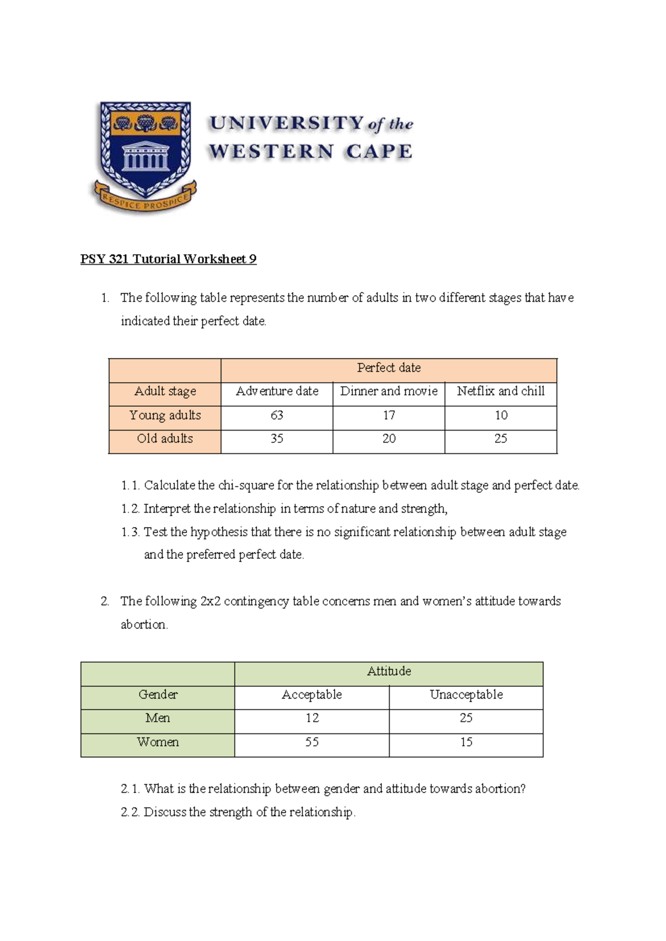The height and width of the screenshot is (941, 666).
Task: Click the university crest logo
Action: click(x=144, y=156)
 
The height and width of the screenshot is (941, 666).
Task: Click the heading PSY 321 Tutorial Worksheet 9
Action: click(x=168, y=259)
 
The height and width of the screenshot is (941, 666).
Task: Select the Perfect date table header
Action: click(x=389, y=368)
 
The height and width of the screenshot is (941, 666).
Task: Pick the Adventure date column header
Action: click(x=277, y=391)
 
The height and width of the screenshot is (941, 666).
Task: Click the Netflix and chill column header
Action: click(x=501, y=391)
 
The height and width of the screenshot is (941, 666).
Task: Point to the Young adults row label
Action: click(x=165, y=415)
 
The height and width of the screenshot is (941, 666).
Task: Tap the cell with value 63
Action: click(x=277, y=415)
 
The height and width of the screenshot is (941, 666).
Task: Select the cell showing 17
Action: click(x=389, y=415)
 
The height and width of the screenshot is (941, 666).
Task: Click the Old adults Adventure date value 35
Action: click(x=277, y=439)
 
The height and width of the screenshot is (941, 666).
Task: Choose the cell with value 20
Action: click(x=389, y=439)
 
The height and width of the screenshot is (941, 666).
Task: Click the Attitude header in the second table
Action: click(x=389, y=671)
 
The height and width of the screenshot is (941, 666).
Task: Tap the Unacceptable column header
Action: click(x=466, y=695)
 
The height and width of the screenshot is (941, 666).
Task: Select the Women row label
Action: click(x=158, y=742)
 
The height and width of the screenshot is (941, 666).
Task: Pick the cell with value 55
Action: click(x=312, y=742)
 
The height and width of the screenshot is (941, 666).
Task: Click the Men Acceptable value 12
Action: click(x=312, y=718)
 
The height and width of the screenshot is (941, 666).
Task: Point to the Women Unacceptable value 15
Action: click(x=466, y=742)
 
